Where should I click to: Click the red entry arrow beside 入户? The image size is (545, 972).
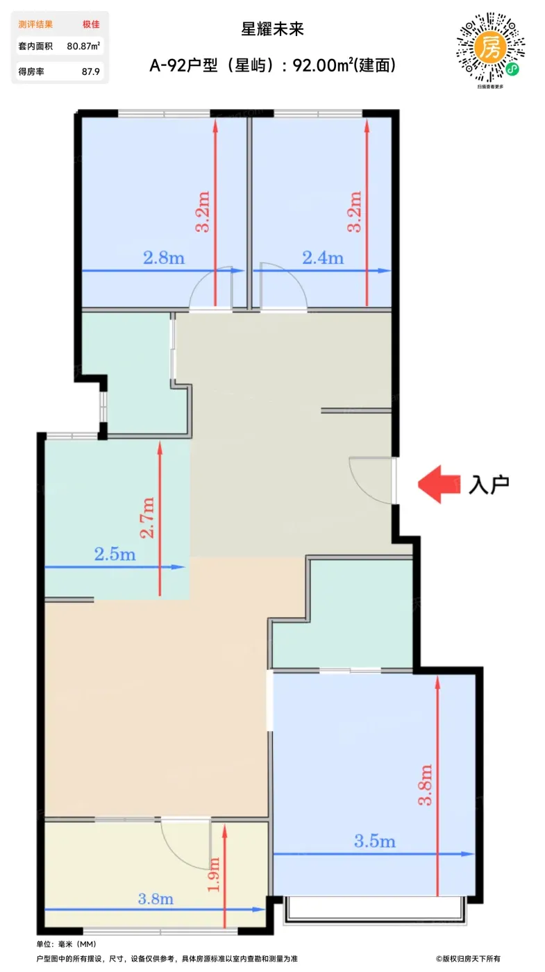(x=439, y=484)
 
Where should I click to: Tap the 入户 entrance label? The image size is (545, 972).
(x=489, y=485)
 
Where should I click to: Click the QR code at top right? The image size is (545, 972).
(x=490, y=48)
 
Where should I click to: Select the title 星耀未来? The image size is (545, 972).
(x=272, y=29)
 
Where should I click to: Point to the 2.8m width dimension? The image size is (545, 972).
(x=164, y=258)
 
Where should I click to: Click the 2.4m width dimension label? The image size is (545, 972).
(x=323, y=258)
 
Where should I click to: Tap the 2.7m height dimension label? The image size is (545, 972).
(x=147, y=518)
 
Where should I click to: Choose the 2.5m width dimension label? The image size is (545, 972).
(x=115, y=554)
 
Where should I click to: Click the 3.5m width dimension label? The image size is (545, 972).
(x=375, y=841)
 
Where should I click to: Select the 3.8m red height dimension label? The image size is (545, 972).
(x=425, y=785)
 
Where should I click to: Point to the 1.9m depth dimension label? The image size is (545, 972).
(x=214, y=874)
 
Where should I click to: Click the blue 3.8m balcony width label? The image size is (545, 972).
(x=156, y=898)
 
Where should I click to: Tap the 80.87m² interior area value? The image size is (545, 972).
(x=83, y=46)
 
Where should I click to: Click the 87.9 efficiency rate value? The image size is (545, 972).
(x=91, y=72)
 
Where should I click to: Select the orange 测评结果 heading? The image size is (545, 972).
(x=35, y=24)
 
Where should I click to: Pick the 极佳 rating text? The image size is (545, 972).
(x=91, y=24)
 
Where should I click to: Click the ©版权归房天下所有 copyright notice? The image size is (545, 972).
(x=468, y=959)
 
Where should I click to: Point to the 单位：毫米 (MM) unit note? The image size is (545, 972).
(x=67, y=944)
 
